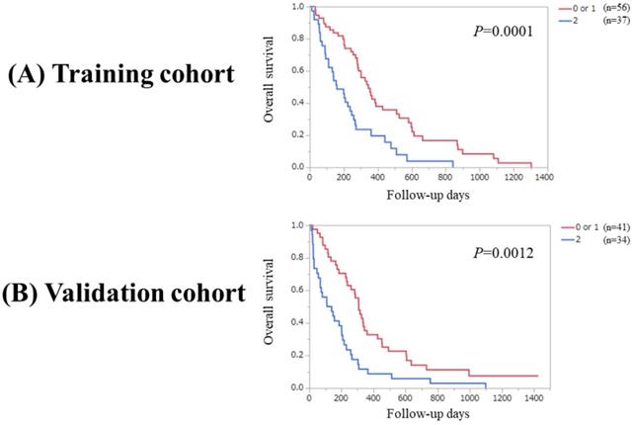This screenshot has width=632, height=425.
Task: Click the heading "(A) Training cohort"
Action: click(x=124, y=75)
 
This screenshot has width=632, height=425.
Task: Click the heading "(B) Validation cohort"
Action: click(x=122, y=294)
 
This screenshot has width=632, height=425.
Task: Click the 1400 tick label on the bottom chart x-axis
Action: click(x=534, y=399)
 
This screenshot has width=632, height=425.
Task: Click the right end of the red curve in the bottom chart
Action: click(x=538, y=376)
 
